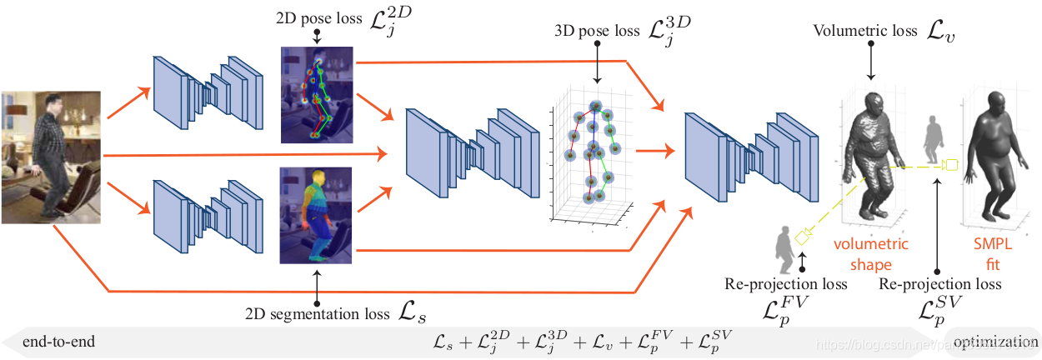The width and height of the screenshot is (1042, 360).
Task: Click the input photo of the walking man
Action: pyautogui.click(x=51, y=157)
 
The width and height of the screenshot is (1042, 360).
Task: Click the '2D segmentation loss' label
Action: pyautogui.click(x=316, y=314)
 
